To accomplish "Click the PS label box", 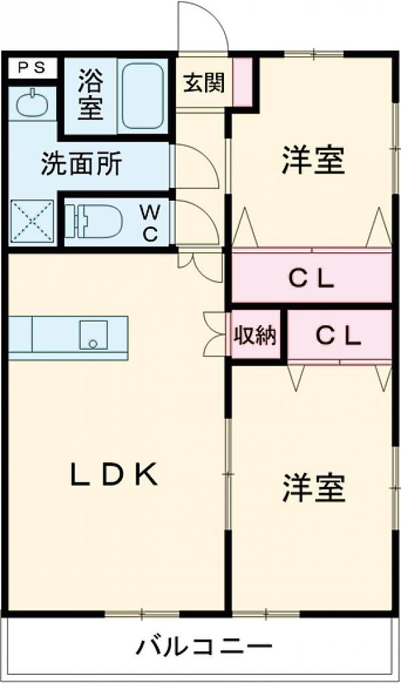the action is tap(32, 68).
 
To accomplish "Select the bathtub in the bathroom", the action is tap(143, 96).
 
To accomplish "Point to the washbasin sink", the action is tap(32, 104).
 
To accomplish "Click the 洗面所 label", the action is tap(81, 165).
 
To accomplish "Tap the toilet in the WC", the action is tap(95, 221).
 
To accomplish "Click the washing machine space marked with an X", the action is tap(32, 222).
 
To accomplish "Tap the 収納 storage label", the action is tap(254, 336).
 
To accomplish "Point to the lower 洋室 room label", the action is tap(313, 489).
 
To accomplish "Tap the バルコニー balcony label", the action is tap(203, 649).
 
